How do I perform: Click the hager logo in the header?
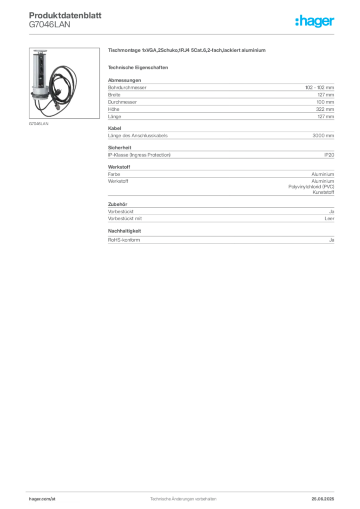(315, 21)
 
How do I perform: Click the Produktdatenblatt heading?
(65, 15)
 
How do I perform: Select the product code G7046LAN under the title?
(49, 25)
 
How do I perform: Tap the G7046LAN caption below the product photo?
(39, 124)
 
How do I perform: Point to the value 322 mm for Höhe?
(325, 109)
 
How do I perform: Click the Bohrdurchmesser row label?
(127, 87)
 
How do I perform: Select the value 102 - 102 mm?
(319, 87)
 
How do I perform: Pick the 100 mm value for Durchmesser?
(325, 102)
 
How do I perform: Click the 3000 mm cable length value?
(323, 136)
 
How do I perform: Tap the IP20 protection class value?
(329, 155)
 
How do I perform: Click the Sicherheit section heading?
(119, 148)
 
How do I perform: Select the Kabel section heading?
(114, 129)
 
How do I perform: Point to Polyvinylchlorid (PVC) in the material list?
(311, 187)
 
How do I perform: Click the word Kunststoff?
(323, 192)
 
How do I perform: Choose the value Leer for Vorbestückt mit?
(330, 219)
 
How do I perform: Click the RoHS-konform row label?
(124, 240)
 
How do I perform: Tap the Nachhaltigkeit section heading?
(124, 231)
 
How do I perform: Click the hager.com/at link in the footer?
(42, 499)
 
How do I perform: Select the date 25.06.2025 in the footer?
(323, 499)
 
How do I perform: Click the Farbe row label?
(114, 174)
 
